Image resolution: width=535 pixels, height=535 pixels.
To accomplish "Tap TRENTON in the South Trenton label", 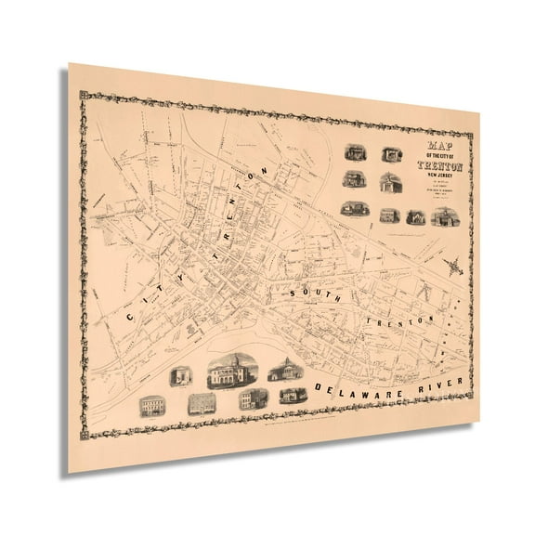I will coord(400,317).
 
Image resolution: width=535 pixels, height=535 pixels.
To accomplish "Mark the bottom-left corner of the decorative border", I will coord(85,433).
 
